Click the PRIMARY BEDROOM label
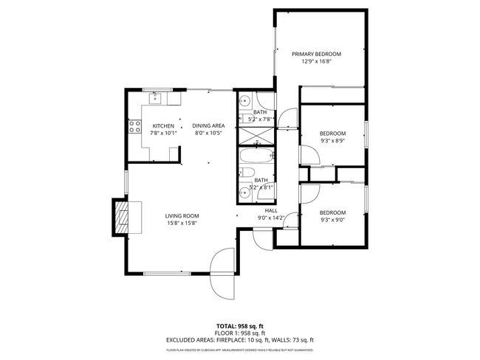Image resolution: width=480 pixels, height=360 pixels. (316, 54)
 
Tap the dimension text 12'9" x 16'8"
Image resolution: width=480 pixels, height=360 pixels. (316, 61)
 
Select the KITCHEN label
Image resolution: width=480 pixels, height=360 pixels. (163, 126)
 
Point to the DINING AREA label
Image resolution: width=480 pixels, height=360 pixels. (208, 126)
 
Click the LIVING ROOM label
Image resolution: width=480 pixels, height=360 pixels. (181, 215)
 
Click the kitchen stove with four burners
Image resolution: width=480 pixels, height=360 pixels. (135, 127)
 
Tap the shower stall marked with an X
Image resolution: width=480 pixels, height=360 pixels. (255, 136)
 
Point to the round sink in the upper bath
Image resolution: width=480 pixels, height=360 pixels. (247, 103)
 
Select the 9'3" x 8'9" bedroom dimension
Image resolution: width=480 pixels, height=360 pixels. (332, 141)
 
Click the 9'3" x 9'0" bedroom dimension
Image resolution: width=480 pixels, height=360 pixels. (332, 219)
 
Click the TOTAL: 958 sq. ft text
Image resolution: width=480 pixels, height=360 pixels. (239, 325)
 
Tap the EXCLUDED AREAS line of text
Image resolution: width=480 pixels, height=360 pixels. (239, 340)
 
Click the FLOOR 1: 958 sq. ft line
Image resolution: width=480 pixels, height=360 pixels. (239, 333)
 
